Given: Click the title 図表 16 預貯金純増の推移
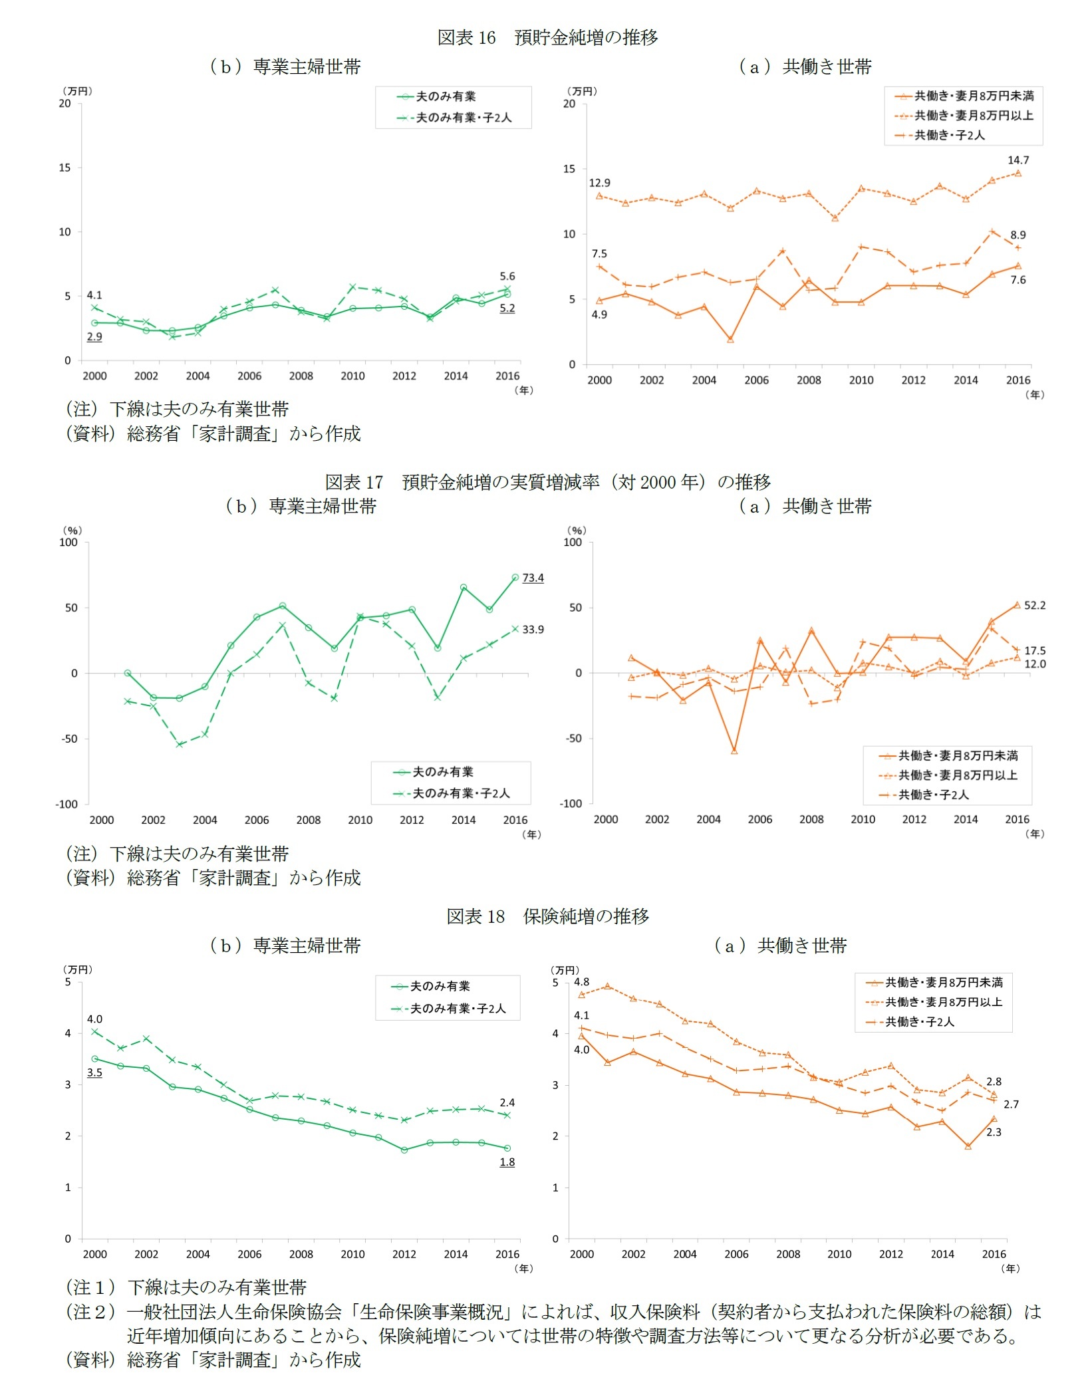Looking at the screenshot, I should click(x=547, y=37).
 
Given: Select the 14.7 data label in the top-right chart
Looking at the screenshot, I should click(x=1018, y=160).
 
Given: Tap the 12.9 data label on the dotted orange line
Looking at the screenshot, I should click(x=599, y=183).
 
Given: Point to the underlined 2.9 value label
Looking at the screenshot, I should click(x=94, y=336).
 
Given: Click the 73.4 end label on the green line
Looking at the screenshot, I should click(x=533, y=578).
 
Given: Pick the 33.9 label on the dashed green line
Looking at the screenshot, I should click(x=533, y=629).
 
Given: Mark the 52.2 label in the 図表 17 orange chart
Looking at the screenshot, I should click(x=1034, y=605).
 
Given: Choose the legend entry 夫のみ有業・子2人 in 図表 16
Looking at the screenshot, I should click(x=464, y=118).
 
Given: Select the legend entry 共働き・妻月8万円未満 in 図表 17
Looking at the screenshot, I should click(x=958, y=755).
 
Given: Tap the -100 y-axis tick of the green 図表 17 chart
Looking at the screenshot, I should click(x=67, y=805).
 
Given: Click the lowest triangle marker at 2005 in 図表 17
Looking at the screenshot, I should click(x=734, y=751).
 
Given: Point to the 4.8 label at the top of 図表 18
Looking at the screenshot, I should click(x=581, y=981).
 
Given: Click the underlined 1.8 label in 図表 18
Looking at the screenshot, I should click(x=507, y=1162).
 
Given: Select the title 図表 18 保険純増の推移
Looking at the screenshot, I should click(x=547, y=916).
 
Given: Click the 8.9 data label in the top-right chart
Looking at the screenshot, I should click(x=1018, y=235).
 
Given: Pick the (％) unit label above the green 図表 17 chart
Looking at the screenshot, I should click(x=72, y=530).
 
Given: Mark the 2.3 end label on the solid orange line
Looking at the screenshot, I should click(x=994, y=1132).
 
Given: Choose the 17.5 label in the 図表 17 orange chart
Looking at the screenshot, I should click(x=1034, y=650).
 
